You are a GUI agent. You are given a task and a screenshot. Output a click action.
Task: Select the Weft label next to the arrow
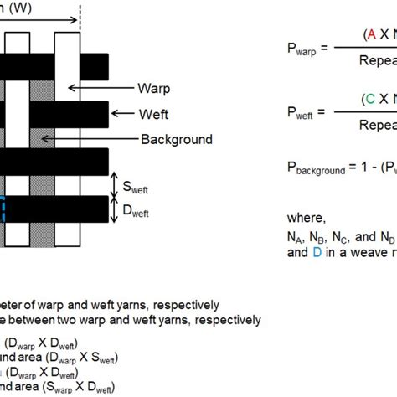pos(153,112)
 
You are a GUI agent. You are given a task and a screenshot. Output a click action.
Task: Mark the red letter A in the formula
pos(369,34)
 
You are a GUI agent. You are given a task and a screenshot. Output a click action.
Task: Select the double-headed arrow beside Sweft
pos(116,183)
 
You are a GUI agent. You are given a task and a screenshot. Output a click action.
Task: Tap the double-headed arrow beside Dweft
pos(116,209)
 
